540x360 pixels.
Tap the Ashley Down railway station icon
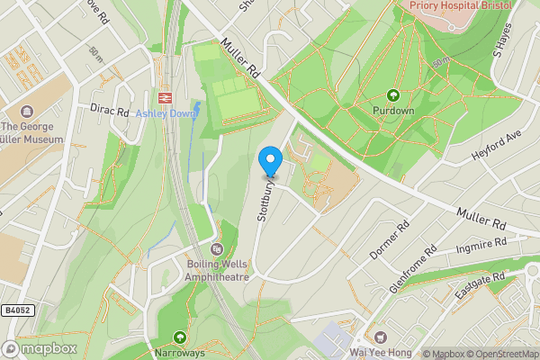(165, 97)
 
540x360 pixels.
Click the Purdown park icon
(392, 95)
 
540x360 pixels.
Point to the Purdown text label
(392, 111)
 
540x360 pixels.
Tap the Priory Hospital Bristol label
(461, 5)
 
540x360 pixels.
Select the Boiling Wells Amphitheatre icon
(216, 249)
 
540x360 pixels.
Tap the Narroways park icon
(180, 337)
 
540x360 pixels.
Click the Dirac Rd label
(111, 111)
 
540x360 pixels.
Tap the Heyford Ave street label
(496, 145)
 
